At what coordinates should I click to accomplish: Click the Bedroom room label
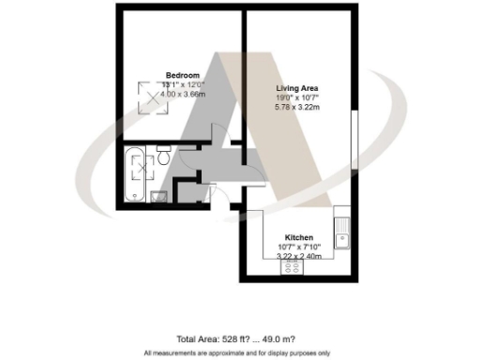pyautogui.click(x=183, y=75)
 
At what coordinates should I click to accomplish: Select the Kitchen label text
pyautogui.click(x=299, y=238)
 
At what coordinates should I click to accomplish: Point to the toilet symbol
pyautogui.click(x=163, y=157)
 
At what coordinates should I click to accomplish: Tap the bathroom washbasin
pyautogui.click(x=157, y=195)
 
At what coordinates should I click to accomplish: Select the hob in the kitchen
pyautogui.click(x=292, y=267)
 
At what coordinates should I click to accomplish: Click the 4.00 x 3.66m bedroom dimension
pyautogui.click(x=183, y=92)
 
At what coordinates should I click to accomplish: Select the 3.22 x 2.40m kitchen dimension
pyautogui.click(x=299, y=256)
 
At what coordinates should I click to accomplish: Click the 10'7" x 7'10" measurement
pyautogui.click(x=299, y=247)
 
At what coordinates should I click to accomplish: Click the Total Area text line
pyautogui.click(x=240, y=339)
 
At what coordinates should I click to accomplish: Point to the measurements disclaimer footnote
pyautogui.click(x=239, y=352)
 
